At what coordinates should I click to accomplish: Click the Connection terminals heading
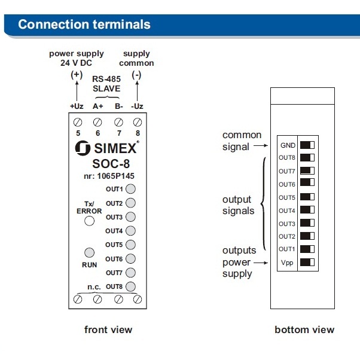click(x=84, y=25)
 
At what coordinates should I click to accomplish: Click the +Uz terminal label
click(x=77, y=106)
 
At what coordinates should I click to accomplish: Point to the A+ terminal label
click(x=97, y=106)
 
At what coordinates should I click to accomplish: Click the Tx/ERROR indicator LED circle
click(x=89, y=221)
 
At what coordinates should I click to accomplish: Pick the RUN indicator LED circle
click(x=89, y=252)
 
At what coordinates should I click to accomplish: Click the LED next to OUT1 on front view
click(x=130, y=189)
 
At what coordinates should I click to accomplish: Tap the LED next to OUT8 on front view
click(x=130, y=286)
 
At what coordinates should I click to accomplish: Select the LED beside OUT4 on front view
click(x=130, y=231)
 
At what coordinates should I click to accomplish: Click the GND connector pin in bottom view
click(x=307, y=145)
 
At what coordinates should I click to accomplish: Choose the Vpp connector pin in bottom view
click(x=307, y=262)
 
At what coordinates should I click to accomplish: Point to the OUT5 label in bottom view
click(x=287, y=197)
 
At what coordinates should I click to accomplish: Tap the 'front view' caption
click(x=108, y=330)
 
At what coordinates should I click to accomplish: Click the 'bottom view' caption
click(x=304, y=330)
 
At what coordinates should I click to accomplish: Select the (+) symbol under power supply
click(x=77, y=75)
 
